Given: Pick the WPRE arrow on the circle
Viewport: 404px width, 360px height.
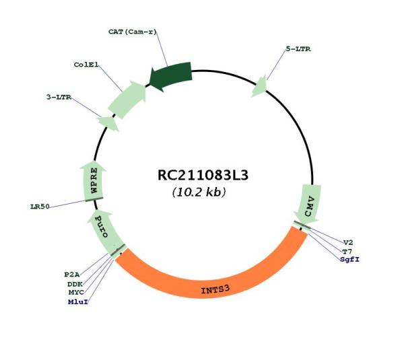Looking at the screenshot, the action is click(94, 180).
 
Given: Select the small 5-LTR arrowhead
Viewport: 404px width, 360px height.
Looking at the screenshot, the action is click(260, 87).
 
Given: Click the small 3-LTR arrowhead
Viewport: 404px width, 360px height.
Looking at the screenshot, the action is click(108, 123).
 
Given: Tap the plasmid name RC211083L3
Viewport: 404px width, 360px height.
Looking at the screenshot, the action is click(203, 175).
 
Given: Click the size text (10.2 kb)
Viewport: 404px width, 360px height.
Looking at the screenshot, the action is click(199, 192).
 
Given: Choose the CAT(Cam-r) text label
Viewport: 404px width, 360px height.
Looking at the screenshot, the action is click(133, 32).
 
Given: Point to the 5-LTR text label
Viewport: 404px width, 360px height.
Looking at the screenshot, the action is click(298, 49).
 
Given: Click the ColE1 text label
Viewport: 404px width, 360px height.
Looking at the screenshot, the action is click(86, 65).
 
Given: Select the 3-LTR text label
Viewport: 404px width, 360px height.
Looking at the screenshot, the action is click(59, 98).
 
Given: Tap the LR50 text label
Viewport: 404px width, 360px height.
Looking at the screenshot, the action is click(40, 207).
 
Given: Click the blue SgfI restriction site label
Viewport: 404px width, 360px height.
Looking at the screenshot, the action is click(349, 259).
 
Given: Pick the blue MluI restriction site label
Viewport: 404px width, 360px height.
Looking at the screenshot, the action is click(78, 302).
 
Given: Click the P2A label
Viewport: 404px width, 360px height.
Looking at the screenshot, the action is click(72, 275).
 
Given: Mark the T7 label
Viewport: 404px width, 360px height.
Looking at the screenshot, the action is click(347, 252).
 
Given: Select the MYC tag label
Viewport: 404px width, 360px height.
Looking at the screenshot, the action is click(76, 293).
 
